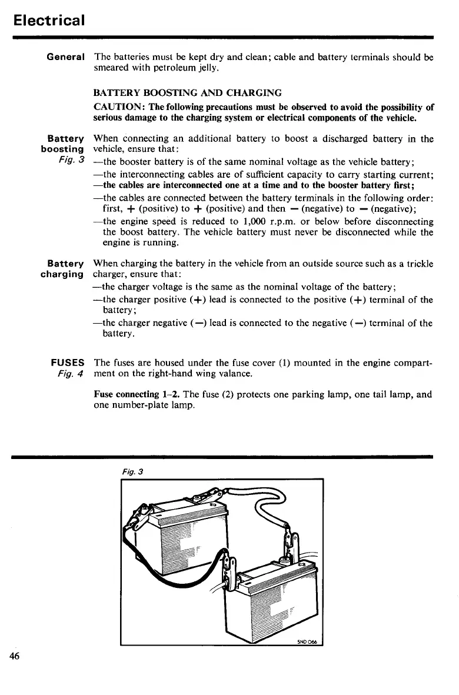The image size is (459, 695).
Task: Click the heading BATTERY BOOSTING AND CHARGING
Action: (x=188, y=93)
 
